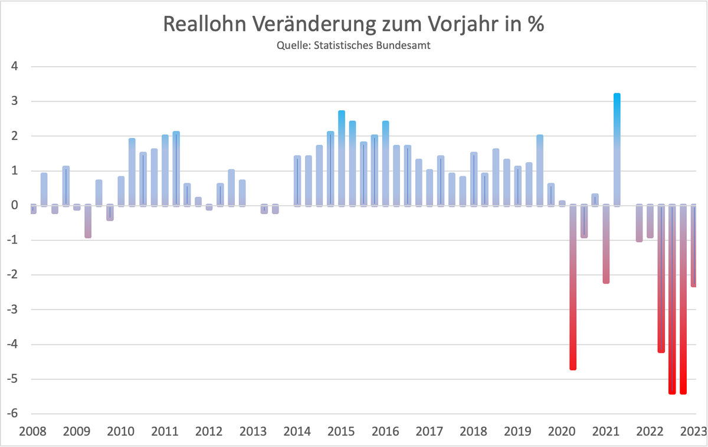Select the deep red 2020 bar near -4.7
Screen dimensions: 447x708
tap(572, 287)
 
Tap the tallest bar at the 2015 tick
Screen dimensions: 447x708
tap(342, 158)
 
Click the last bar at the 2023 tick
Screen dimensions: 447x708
tap(694, 246)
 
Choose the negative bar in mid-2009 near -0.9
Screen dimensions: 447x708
tap(88, 221)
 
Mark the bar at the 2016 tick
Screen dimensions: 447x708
tap(385, 163)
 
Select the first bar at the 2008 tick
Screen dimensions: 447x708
tap(33, 209)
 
